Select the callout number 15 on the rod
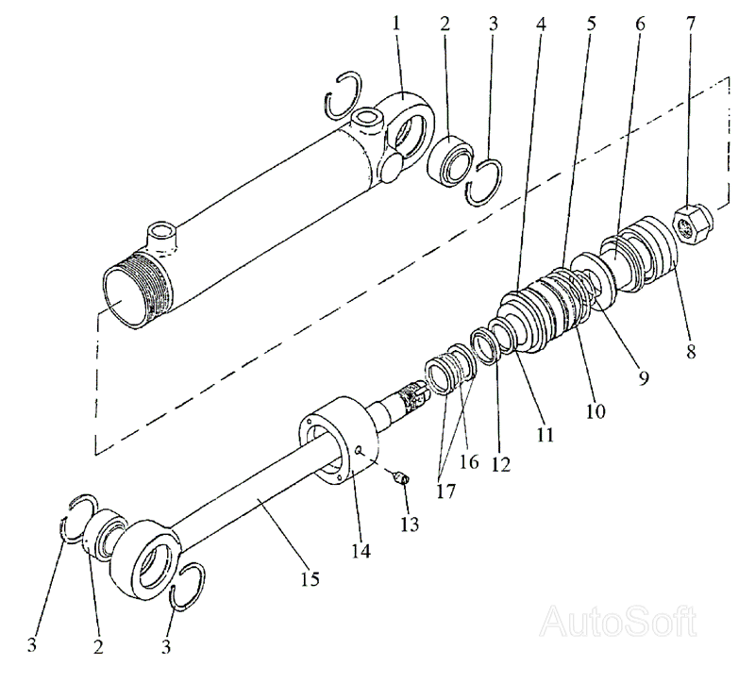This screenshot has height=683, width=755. click(x=310, y=579)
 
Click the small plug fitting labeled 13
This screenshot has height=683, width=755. click(x=401, y=478)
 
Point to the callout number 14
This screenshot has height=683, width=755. click(x=361, y=550)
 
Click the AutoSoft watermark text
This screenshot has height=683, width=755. click(x=619, y=623)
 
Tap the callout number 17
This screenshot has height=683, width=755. click(x=445, y=491)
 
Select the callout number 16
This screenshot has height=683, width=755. click(x=469, y=461)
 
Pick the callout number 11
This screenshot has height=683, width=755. click(x=545, y=435)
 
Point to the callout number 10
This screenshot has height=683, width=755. click(x=596, y=410)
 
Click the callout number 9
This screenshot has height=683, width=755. click(x=644, y=377)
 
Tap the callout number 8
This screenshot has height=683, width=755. click(x=691, y=351)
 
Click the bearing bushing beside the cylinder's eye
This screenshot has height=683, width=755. click(x=450, y=160)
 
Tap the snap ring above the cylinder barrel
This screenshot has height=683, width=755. click(x=344, y=95)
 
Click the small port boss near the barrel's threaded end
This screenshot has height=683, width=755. click(x=162, y=235)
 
